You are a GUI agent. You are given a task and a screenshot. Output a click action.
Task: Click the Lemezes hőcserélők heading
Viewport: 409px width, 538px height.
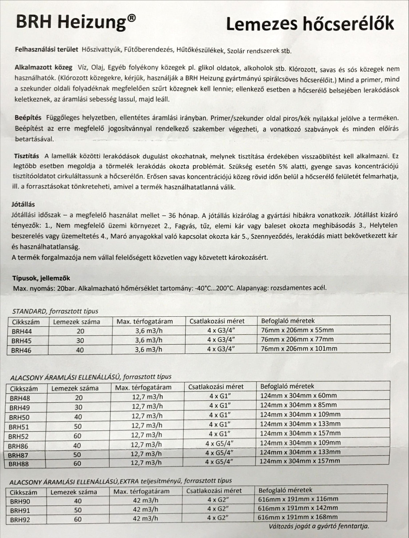(x=310, y=24)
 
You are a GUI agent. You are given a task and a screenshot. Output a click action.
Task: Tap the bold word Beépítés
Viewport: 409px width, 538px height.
(x=28, y=118)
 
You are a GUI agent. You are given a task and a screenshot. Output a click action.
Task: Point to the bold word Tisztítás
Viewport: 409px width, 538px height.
(x=26, y=156)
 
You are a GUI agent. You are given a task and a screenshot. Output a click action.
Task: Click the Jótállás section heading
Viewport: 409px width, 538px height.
(x=23, y=204)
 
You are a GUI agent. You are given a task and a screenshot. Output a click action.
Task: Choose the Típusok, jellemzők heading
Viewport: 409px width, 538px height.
(x=42, y=278)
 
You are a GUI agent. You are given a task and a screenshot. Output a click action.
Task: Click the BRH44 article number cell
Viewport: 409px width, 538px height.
(x=22, y=331)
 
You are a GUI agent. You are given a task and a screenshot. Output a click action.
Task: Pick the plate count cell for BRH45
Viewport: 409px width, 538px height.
(x=80, y=341)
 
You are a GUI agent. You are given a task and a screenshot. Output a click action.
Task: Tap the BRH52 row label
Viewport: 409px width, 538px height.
(x=18, y=436)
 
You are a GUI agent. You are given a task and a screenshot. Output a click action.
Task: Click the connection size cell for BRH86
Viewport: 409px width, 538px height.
(x=219, y=443)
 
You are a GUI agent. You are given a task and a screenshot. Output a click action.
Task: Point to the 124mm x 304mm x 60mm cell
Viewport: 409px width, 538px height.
(x=298, y=396)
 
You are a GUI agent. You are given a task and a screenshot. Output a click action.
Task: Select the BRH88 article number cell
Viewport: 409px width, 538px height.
(x=18, y=464)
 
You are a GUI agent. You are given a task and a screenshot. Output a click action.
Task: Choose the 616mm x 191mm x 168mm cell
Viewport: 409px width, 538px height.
(x=298, y=517)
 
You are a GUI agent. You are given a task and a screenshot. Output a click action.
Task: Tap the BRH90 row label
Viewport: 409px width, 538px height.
(x=20, y=501)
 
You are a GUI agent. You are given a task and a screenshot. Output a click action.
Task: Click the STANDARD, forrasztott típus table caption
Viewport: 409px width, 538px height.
(x=55, y=311)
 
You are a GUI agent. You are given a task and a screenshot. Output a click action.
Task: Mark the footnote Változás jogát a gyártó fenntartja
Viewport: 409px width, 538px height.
(x=319, y=526)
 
